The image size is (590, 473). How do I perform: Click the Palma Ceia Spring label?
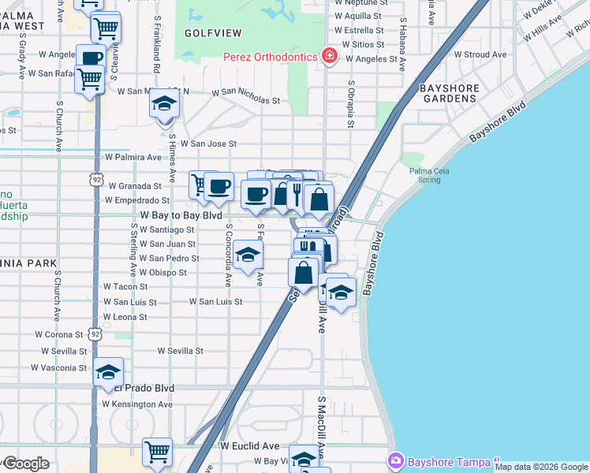[x=429, y=175]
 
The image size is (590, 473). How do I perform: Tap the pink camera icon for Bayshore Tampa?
[x=396, y=459]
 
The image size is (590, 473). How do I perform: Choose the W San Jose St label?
[x=208, y=144]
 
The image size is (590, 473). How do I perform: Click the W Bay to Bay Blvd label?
[x=181, y=214]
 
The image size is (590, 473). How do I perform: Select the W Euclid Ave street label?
[x=250, y=445]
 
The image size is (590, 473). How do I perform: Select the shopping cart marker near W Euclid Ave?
[x=157, y=452]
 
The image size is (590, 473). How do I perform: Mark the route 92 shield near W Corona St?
[x=95, y=334]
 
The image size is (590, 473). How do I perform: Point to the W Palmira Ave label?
[x=128, y=157]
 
